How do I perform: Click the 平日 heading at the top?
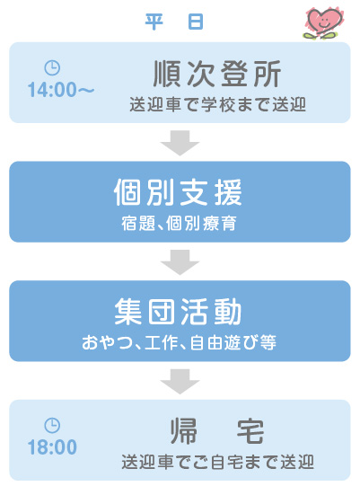174,22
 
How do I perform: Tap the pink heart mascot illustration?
323,22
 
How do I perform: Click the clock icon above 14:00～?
52,68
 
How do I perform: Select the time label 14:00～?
61,90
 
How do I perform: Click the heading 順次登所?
217,74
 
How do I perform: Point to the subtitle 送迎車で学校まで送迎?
217,105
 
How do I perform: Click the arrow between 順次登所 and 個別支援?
180,143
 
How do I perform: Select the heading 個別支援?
178,192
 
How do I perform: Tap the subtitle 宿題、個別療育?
179,224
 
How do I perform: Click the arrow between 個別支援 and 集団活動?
180,262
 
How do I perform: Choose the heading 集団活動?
179,312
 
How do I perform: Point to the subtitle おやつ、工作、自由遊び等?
179,343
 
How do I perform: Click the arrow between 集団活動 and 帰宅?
180,381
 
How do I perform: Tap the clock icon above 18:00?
52,426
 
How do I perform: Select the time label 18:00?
52,447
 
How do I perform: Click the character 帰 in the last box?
184,431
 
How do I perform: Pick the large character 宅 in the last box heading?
250,431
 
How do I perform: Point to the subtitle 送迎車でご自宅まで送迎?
217,463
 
